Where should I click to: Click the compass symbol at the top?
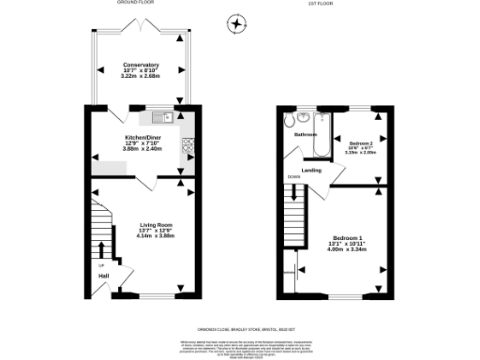pyautogui.click(x=237, y=22)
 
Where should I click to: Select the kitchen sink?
pyautogui.click(x=157, y=118)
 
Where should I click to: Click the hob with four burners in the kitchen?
pyautogui.click(x=187, y=144)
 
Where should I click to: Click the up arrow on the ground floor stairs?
pyautogui.click(x=101, y=251)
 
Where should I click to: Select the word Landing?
pyautogui.click(x=311, y=170)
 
